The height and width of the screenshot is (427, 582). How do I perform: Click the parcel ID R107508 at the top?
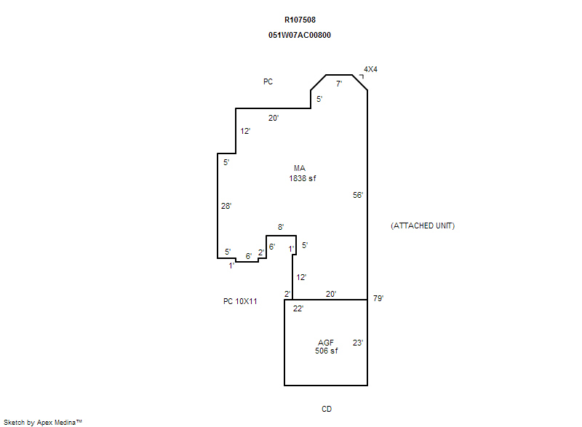(300, 20)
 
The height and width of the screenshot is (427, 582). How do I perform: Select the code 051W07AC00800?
(300, 35)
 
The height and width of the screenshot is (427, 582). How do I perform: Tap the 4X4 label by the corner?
(370, 69)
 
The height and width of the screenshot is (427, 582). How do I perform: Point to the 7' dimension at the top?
(339, 84)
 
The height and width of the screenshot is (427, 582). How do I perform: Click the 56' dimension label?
(358, 195)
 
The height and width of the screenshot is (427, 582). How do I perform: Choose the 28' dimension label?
(226, 206)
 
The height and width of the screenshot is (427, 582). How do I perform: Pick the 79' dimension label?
(378, 298)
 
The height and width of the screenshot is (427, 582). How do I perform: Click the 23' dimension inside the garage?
(358, 343)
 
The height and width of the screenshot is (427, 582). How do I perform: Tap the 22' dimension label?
(298, 308)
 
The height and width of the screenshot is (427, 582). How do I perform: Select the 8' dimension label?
(281, 227)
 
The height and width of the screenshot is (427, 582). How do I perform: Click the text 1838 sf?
(303, 178)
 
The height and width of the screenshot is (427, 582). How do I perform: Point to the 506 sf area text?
(327, 351)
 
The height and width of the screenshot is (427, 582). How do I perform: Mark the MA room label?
(300, 169)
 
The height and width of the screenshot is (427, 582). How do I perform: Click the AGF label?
(326, 343)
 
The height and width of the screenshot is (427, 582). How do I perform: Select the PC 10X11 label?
(240, 301)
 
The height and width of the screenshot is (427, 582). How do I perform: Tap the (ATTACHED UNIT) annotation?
(423, 226)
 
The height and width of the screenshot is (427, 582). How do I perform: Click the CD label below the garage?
(327, 409)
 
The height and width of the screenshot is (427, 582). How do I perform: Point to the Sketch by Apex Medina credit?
(43, 423)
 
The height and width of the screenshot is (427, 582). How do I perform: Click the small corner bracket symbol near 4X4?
(362, 76)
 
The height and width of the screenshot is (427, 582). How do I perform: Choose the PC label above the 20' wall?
(268, 81)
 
